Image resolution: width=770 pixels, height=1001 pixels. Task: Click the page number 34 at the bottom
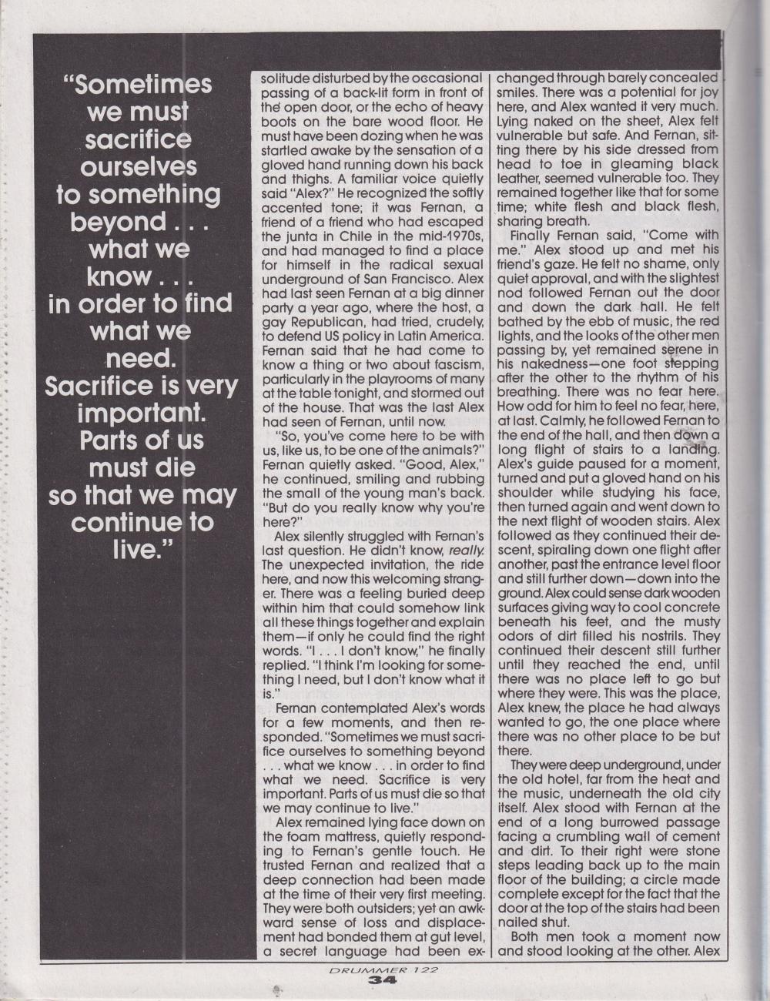click(381, 980)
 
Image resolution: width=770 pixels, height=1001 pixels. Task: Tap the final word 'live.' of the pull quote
click(140, 550)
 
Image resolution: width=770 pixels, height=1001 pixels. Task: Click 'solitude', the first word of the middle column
click(286, 79)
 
